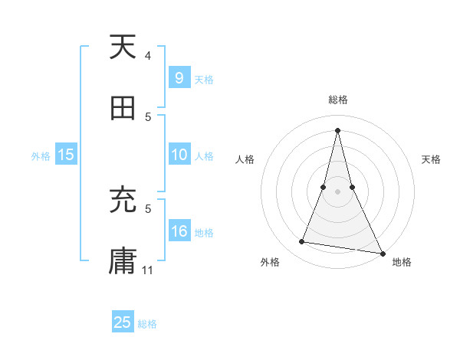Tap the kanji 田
pyautogui.click(x=123, y=108)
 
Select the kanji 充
pyautogui.click(x=123, y=201)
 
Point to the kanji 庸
pyautogui.click(x=123, y=260)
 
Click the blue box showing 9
pyautogui.click(x=178, y=79)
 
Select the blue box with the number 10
pyautogui.click(x=179, y=155)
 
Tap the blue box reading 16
pyautogui.click(x=179, y=232)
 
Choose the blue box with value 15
pyautogui.click(x=65, y=155)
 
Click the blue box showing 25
pyautogui.click(x=123, y=322)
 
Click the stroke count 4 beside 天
pyautogui.click(x=148, y=56)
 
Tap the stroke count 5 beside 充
pyautogui.click(x=148, y=208)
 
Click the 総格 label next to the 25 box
pyautogui.click(x=147, y=324)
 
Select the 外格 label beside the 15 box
pyautogui.click(x=41, y=156)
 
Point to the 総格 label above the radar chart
pyautogui.click(x=338, y=100)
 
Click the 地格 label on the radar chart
pyautogui.click(x=402, y=263)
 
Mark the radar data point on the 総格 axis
pyautogui.click(x=338, y=130)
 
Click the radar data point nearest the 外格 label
pyautogui.click(x=302, y=242)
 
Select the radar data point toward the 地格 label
pyautogui.click(x=383, y=252)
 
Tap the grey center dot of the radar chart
pyautogui.click(x=338, y=191)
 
